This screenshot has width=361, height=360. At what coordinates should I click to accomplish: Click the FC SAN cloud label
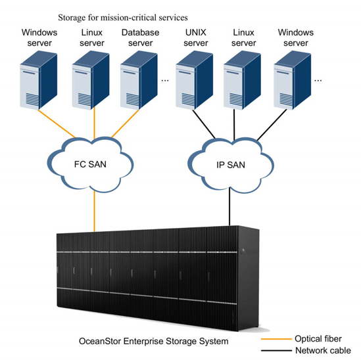90,164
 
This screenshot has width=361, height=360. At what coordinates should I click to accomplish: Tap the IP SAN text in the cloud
231,165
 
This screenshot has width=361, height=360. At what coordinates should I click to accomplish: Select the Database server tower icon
139,80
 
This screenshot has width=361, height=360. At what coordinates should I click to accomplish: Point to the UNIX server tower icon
195,80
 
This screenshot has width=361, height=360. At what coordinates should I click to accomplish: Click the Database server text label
140,37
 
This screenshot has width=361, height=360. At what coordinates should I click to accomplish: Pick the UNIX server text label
196,37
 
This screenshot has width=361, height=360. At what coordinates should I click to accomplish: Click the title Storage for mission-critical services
123,18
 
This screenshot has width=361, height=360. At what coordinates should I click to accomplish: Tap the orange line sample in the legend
276,339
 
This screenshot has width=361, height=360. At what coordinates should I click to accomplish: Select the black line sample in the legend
276,351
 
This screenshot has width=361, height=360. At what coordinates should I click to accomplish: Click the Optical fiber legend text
318,339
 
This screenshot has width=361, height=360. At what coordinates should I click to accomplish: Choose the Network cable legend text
323,350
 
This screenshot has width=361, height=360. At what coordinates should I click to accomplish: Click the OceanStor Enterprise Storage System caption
154,341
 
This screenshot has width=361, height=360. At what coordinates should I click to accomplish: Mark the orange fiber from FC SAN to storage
94,211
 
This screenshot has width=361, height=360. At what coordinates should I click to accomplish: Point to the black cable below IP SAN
229,206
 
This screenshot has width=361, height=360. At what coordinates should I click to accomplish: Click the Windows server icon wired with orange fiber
38,80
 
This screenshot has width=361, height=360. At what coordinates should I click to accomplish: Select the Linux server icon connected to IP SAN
242,80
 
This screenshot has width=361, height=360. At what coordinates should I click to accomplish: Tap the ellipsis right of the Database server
165,80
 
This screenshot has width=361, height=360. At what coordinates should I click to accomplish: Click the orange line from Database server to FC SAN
126,124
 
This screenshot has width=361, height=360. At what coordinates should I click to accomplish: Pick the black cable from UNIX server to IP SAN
204,124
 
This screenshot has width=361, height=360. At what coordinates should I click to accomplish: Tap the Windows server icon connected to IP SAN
293,80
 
